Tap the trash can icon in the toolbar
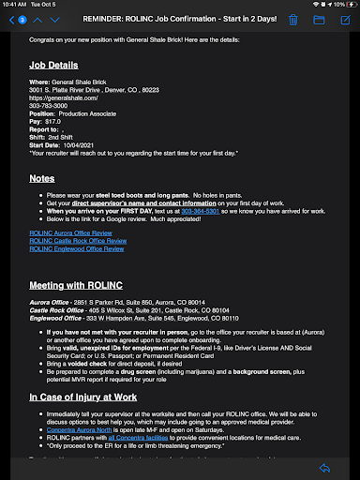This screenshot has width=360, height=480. pos(293,20)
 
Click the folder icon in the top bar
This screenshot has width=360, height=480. pos(319,20)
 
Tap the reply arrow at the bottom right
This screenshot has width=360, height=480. pos(325,468)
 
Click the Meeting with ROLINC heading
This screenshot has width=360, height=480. pos(78,284)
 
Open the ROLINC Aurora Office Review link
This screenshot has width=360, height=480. pos(70,232)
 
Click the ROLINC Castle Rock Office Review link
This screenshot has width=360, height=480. pos(76,241)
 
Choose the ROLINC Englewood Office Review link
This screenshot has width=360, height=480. pos(76,250)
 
